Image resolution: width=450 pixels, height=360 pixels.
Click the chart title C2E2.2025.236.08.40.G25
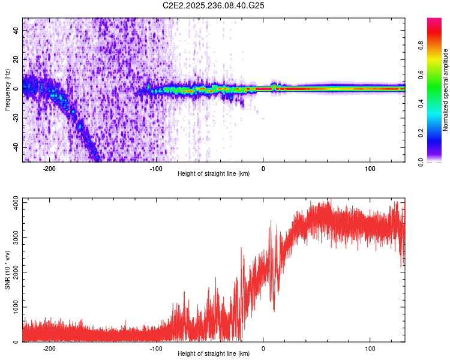214,5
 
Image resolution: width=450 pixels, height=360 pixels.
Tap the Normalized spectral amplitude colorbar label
446,90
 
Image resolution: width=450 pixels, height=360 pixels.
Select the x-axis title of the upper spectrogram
214,174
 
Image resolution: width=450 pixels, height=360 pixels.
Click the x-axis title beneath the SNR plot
214,354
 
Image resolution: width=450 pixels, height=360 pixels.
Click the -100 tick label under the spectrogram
156,169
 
